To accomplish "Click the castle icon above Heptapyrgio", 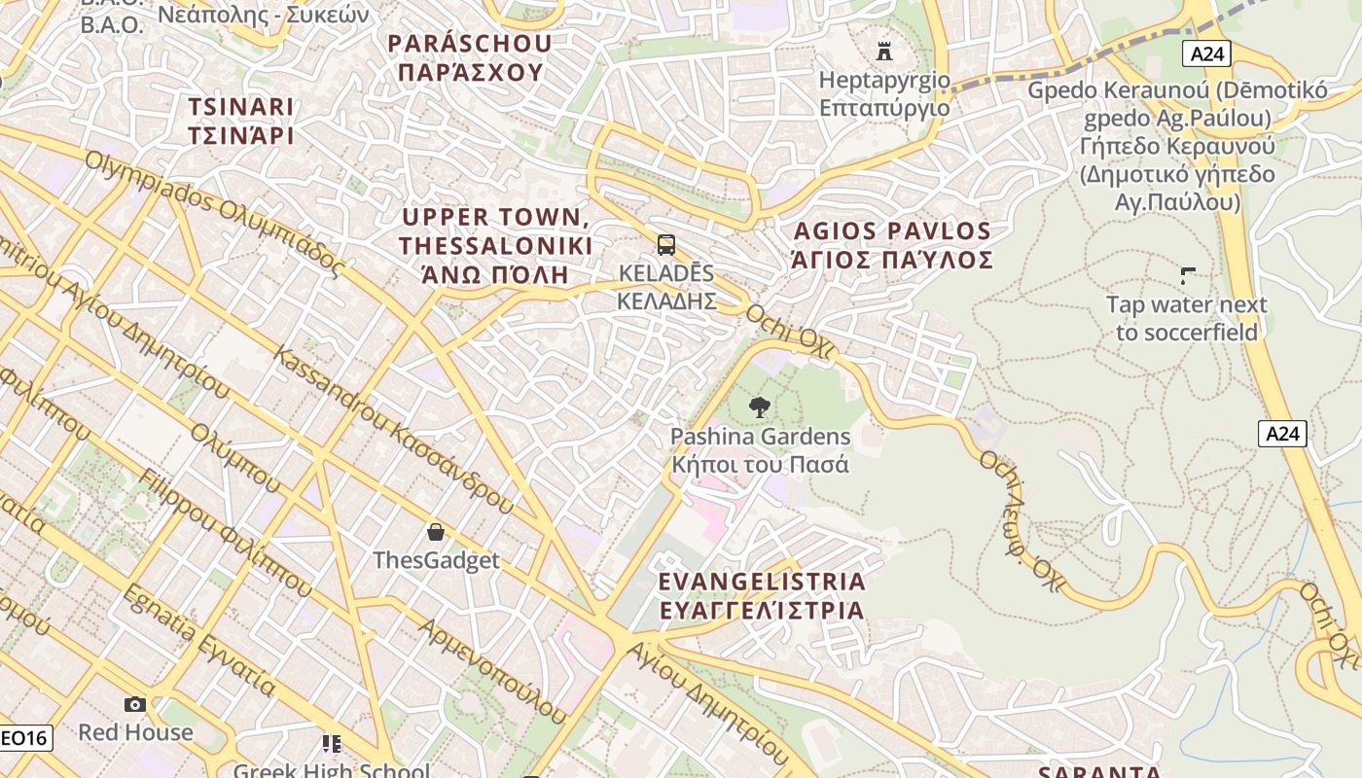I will point(884,51).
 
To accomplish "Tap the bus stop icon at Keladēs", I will point(666,245).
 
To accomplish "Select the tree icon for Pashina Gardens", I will point(760,407).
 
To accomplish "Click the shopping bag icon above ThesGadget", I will point(436,532).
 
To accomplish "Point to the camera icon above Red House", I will point(135,704).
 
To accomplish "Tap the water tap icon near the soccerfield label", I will point(1188,275).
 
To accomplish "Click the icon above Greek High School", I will point(332,744).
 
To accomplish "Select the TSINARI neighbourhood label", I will point(241,121).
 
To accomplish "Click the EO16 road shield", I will point(23,738).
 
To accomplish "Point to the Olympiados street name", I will point(215,213).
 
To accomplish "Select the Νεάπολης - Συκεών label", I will point(263,15).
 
